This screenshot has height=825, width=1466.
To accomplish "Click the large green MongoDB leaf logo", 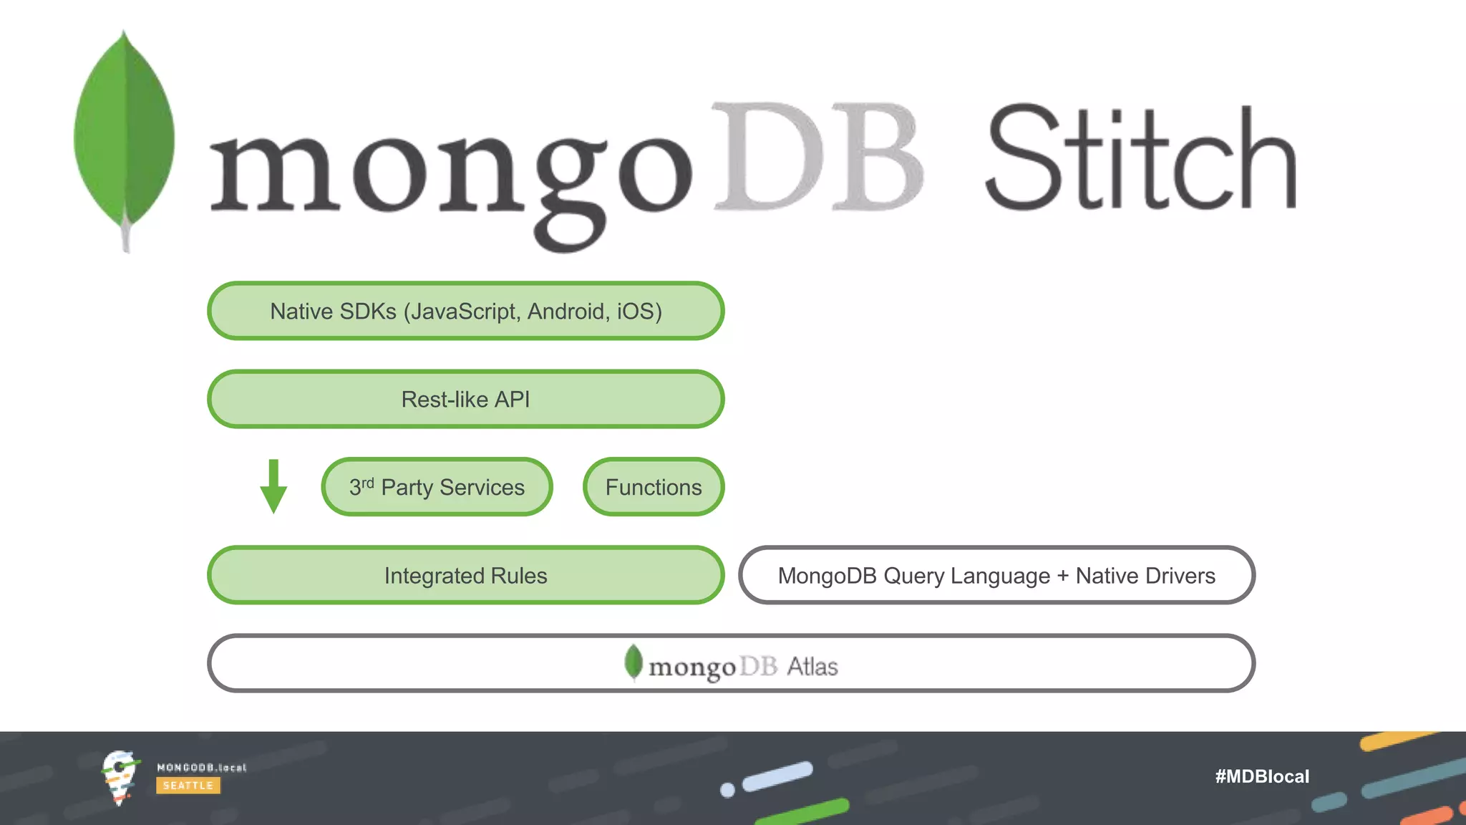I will tap(125, 136).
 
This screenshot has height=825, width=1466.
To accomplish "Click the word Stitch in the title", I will tap(1141, 158).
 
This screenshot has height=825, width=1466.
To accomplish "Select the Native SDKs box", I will tap(465, 311).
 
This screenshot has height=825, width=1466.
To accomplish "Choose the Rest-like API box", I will tap(465, 399).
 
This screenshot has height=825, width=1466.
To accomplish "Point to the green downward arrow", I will tap(273, 487).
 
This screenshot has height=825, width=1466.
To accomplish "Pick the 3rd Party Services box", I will tap(437, 487).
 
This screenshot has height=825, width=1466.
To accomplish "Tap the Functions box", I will tap(654, 487).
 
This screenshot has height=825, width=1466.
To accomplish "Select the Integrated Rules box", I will tap(465, 575).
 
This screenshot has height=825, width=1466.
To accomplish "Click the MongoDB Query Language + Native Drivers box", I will tap(996, 575).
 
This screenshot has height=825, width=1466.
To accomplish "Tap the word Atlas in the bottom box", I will tap(812, 667).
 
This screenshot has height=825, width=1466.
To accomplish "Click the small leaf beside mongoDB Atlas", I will tap(634, 662).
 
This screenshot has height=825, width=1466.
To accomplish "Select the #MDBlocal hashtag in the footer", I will tap(1262, 776).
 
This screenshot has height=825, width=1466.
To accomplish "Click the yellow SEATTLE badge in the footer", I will tap(188, 786).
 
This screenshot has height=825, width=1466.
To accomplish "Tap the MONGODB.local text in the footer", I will tap(201, 768).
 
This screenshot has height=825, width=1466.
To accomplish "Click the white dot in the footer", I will tap(727, 790).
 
